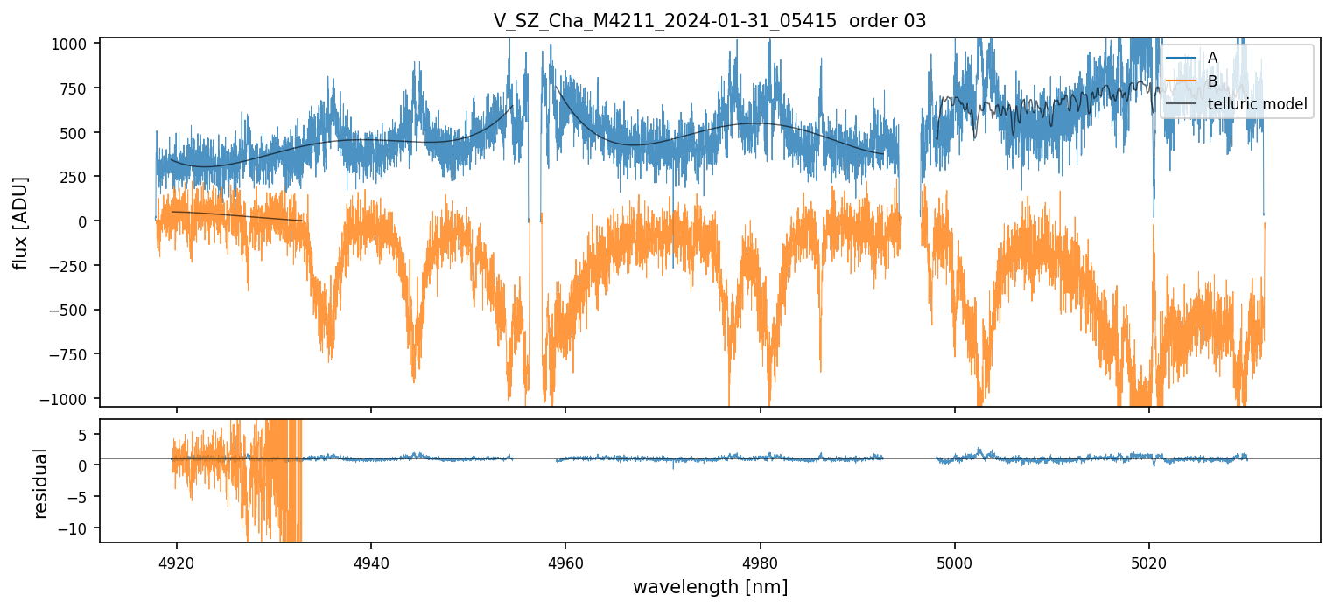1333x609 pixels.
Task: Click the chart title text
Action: pyautogui.click(x=709, y=21)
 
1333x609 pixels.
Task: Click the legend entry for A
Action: pyautogui.click(x=1212, y=58)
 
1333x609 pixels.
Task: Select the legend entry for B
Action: pyautogui.click(x=1212, y=81)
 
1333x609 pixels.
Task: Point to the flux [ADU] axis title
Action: pyautogui.click(x=19, y=222)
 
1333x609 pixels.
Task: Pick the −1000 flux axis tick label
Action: pyautogui.click(x=69, y=398)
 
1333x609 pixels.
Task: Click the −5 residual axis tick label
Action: pyautogui.click(x=81, y=497)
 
